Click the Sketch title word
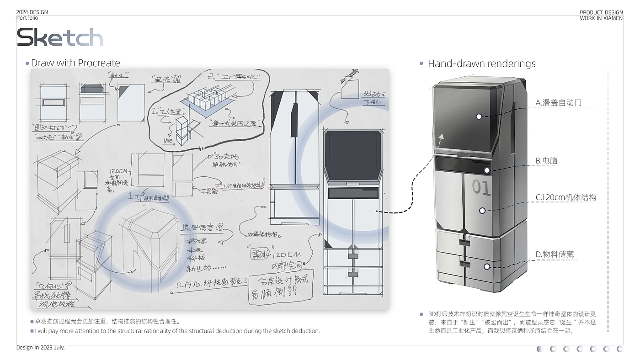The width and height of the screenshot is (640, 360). pos(60,37)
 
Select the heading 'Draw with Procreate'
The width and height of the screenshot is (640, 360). pos(75,63)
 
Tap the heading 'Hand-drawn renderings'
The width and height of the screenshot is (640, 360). pos(481,64)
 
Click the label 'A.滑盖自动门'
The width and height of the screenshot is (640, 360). pos(558,103)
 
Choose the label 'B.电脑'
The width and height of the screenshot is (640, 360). pos(547,161)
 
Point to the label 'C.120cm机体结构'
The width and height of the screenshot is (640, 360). pos(565,197)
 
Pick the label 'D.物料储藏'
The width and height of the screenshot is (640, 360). pos(555,254)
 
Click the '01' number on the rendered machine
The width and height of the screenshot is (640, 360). pos(481,187)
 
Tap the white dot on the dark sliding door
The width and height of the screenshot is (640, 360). pos(479,116)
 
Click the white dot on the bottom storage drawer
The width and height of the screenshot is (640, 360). pos(487,266)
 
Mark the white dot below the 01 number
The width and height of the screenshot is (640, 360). pos(482,211)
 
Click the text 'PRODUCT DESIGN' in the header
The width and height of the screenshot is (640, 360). pos(601,13)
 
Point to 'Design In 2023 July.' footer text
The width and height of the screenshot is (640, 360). pos(41,348)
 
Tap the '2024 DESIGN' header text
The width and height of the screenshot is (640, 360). pos(32,12)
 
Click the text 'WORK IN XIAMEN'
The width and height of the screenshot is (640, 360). pos(601,18)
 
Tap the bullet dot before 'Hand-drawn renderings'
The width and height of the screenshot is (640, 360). pos(421,64)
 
